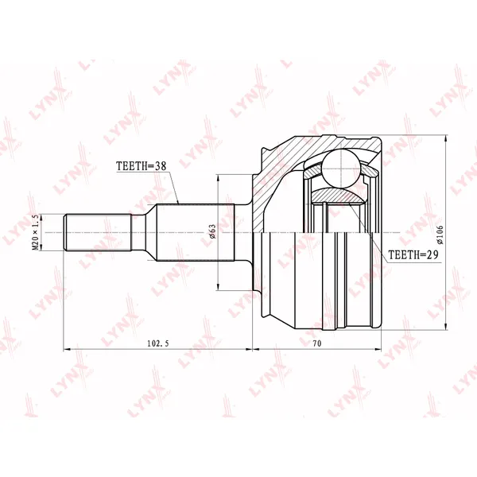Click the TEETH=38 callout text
pyautogui.click(x=142, y=166)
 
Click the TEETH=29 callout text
pyautogui.click(x=413, y=254)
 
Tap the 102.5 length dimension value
pyautogui.click(x=158, y=343)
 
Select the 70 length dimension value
pyautogui.click(x=316, y=343)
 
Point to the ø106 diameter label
pyautogui.click(x=440, y=235)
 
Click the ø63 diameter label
pyautogui.click(x=212, y=232)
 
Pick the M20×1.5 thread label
pyautogui.click(x=36, y=232)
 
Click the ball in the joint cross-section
pyautogui.click(x=342, y=169)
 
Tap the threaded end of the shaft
pyautogui.click(x=97, y=233)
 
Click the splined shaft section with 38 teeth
pyautogui.click(x=195, y=232)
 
